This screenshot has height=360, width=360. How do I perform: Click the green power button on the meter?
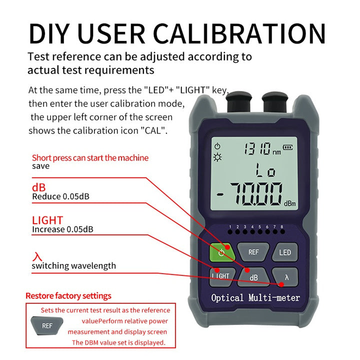pos(221,251)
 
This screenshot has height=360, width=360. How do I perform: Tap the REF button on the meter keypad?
pos(253,251)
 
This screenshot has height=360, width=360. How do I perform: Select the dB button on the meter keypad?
pos(253,276)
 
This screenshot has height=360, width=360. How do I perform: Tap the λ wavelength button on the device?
pos(286,276)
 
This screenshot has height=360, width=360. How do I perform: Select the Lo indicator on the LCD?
pos(264,171)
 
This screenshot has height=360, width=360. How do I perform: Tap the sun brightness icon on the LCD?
pos(217,157)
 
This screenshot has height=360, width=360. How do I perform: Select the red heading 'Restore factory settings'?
pos(68,296)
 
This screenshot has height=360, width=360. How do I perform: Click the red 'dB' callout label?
pos(39,187)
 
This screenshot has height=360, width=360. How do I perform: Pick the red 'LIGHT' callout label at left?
pos(47,220)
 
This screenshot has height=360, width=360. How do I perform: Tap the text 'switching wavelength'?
pos(73,265)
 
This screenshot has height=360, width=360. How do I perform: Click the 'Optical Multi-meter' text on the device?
pos(255,298)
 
